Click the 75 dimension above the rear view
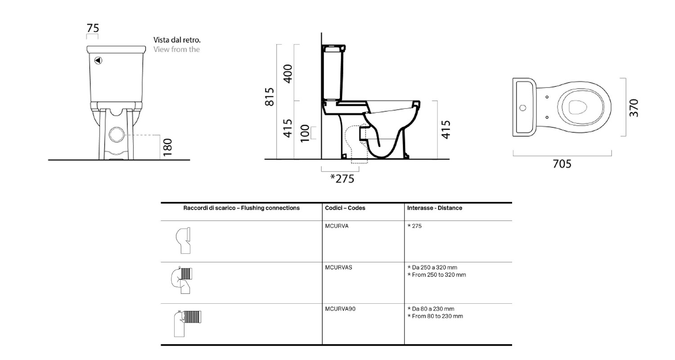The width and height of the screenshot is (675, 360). tap(93, 28)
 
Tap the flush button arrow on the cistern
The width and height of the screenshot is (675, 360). tap(98, 61)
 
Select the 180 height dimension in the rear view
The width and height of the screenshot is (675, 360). tap(167, 147)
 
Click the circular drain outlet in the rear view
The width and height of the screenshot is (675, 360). tap(117, 135)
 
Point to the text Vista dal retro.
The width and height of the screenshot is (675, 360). tap(177, 40)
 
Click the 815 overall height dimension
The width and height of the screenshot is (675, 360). tap(270, 97)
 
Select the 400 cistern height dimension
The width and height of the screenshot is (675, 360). tap(288, 74)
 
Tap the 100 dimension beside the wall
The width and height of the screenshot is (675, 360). tap(305, 133)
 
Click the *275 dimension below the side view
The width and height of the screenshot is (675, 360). tap(342, 179)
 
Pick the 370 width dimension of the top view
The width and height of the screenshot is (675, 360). tap(634, 108)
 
